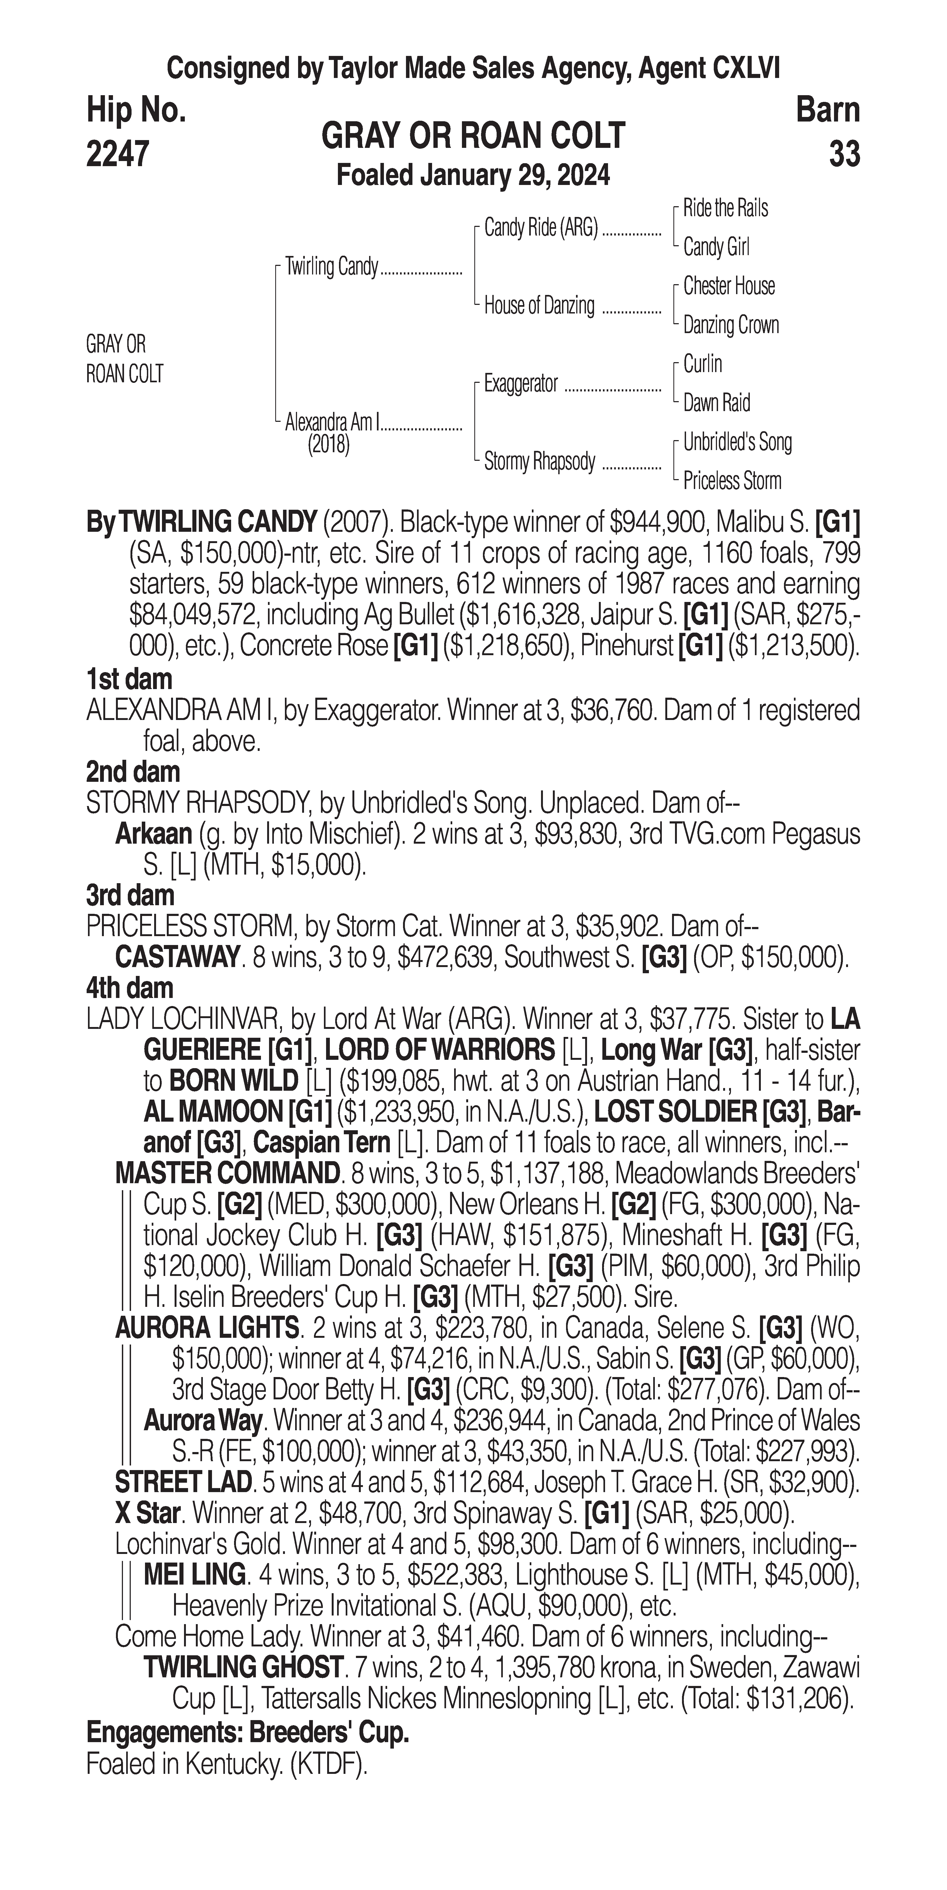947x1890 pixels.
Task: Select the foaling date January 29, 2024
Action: (473, 176)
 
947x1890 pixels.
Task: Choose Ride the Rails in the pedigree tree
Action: (725, 208)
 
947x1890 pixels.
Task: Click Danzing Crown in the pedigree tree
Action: (730, 325)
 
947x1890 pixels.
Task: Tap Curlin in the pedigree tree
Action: (702, 364)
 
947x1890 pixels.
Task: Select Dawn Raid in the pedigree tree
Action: (716, 403)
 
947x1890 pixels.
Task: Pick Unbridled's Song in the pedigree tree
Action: (737, 443)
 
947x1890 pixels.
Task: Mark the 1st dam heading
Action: (129, 679)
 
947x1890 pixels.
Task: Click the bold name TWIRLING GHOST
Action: (242, 1667)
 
